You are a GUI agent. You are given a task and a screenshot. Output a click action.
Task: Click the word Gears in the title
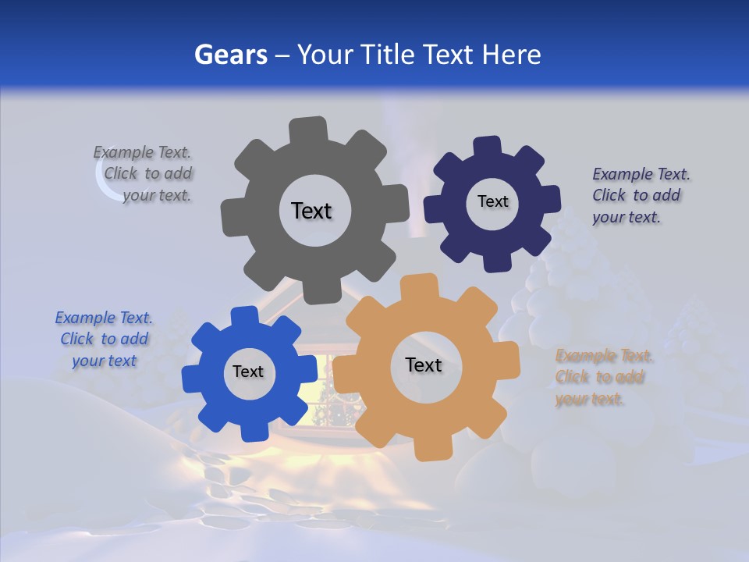pyautogui.click(x=230, y=55)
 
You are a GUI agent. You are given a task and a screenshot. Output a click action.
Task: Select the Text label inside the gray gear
pyautogui.click(x=311, y=211)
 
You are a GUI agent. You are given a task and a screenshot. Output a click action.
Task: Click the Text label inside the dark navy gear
pyautogui.click(x=492, y=201)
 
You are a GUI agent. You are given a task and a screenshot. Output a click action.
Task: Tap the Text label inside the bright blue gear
pyautogui.click(x=247, y=372)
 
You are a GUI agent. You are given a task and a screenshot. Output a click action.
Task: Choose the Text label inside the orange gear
pyautogui.click(x=423, y=365)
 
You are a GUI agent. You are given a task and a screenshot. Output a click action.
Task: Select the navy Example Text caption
pyautogui.click(x=640, y=196)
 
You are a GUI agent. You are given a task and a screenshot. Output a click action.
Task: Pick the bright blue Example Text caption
pyautogui.click(x=104, y=339)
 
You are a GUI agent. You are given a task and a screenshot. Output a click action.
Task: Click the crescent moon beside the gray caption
pyautogui.click(x=105, y=182)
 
